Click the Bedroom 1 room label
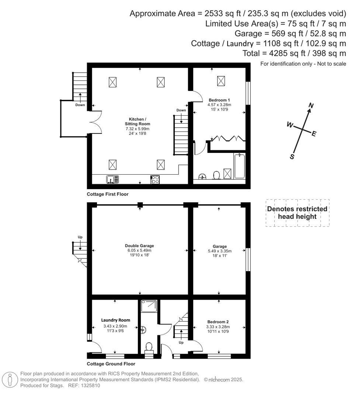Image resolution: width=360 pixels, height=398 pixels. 219,100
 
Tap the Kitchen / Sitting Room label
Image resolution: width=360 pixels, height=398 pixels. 139,122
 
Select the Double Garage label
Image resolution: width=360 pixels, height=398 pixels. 139,245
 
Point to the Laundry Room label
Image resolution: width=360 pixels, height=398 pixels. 115,320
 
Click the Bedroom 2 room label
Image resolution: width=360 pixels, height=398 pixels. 218,321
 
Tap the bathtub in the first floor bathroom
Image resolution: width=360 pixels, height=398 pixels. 239,166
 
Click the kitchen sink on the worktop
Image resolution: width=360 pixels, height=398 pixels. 112,179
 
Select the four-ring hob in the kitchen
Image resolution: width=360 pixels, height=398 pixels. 155,179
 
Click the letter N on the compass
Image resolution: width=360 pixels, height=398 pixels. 311,106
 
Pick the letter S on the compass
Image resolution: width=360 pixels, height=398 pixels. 292,156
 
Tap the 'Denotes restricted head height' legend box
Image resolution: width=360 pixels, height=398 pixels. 297,213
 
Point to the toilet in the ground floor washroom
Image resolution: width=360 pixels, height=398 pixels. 149,347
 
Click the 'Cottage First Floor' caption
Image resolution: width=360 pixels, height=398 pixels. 108,194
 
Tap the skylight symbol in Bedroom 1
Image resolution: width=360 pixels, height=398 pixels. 221,80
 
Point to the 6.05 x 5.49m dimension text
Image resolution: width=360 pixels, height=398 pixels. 139,250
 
